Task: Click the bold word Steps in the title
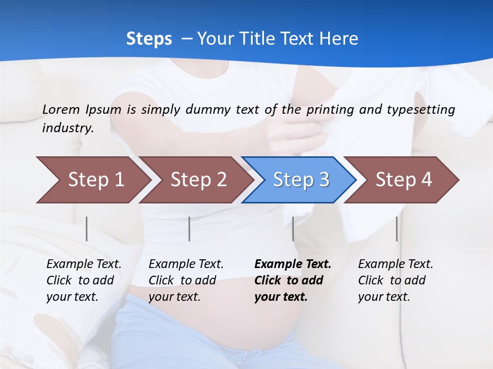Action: (x=149, y=39)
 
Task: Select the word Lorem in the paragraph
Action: (x=61, y=109)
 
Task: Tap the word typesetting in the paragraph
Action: (x=419, y=109)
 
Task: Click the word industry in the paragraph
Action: (x=67, y=128)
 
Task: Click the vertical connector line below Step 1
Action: (x=87, y=229)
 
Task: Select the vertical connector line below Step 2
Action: (x=189, y=229)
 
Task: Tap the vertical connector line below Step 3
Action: (x=293, y=229)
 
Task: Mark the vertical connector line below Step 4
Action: (x=396, y=229)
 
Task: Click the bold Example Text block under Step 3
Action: (x=292, y=280)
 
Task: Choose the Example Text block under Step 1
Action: (x=83, y=280)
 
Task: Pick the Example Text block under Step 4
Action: (x=395, y=280)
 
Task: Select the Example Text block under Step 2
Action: (x=185, y=280)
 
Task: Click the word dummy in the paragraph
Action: (x=208, y=109)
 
